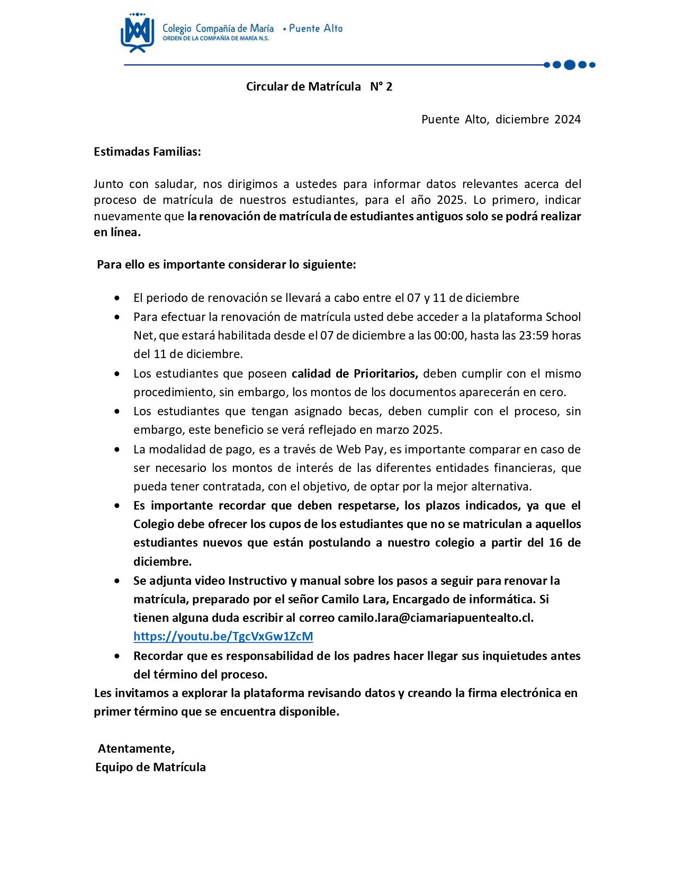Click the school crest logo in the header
(x=137, y=33)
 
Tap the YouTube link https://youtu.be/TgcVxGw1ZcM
(x=223, y=636)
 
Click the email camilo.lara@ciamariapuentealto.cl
(x=435, y=618)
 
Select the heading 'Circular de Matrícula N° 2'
(x=319, y=86)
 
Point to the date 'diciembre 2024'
(x=538, y=119)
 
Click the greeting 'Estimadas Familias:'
(x=147, y=151)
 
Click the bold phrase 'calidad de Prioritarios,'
(x=355, y=373)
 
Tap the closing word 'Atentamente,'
(x=136, y=748)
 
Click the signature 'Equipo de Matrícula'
(x=150, y=767)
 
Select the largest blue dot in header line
(x=570, y=65)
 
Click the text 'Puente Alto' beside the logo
(x=316, y=29)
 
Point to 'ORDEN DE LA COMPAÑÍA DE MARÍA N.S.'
(x=215, y=39)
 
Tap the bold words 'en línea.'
(x=117, y=232)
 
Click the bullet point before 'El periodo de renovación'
(x=117, y=298)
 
